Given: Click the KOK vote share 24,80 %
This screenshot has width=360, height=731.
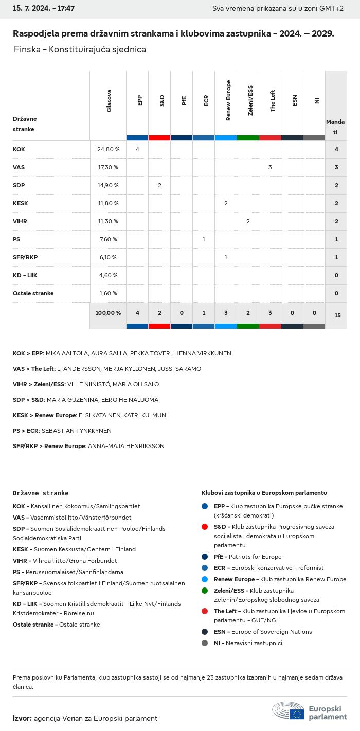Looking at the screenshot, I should click(108, 149).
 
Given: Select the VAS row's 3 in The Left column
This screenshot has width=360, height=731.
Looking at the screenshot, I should click(270, 167).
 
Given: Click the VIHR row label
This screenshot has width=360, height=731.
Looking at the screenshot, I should click(20, 221).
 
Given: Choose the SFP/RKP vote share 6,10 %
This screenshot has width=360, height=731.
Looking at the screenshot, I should click(107, 257).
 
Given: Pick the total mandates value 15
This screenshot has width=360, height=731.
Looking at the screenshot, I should click(337, 315).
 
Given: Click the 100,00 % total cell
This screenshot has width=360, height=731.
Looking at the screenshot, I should click(108, 313).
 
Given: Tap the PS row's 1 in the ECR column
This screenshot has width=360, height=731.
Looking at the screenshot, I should click(204, 239).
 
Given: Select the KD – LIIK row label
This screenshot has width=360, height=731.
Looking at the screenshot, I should click(25, 275).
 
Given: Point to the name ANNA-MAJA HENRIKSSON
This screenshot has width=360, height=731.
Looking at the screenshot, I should click(127, 446).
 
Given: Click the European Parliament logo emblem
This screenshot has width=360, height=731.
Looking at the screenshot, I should click(289, 710).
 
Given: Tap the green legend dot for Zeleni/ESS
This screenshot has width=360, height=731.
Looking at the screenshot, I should click(205, 591).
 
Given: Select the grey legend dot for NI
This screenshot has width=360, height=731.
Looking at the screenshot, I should click(205, 643).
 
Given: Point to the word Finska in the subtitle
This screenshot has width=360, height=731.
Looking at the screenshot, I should click(24, 49).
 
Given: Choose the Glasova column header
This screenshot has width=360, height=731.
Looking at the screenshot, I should click(109, 101).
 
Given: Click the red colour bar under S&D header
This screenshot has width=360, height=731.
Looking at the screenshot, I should click(159, 138).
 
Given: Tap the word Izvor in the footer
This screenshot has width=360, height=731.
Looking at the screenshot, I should click(22, 718).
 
